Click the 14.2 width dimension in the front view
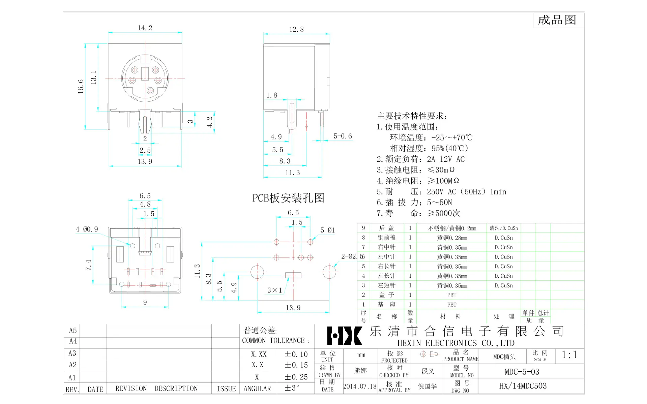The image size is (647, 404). tap(145, 28)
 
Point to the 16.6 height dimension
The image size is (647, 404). tap(81, 87)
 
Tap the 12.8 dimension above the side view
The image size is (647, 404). tap(296, 30)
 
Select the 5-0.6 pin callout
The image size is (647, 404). tap(343, 136)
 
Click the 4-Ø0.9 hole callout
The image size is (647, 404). tap(87, 229)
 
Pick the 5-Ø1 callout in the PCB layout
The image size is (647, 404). tap(328, 230)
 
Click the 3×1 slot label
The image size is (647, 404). tap(274, 290)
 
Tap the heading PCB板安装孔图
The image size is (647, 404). tap(288, 198)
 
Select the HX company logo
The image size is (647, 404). tap(345, 336)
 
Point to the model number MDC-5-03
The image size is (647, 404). tap(522, 372)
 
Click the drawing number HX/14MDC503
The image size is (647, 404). tap(523, 386)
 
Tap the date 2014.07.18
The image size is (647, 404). tap(360, 386)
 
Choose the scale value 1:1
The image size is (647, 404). tap(569, 355)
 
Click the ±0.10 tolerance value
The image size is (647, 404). tap(296, 354)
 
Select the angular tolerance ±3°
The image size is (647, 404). tap(292, 388)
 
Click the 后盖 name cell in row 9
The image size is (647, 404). tap(386, 228)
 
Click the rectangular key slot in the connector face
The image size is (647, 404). tap(145, 74)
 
